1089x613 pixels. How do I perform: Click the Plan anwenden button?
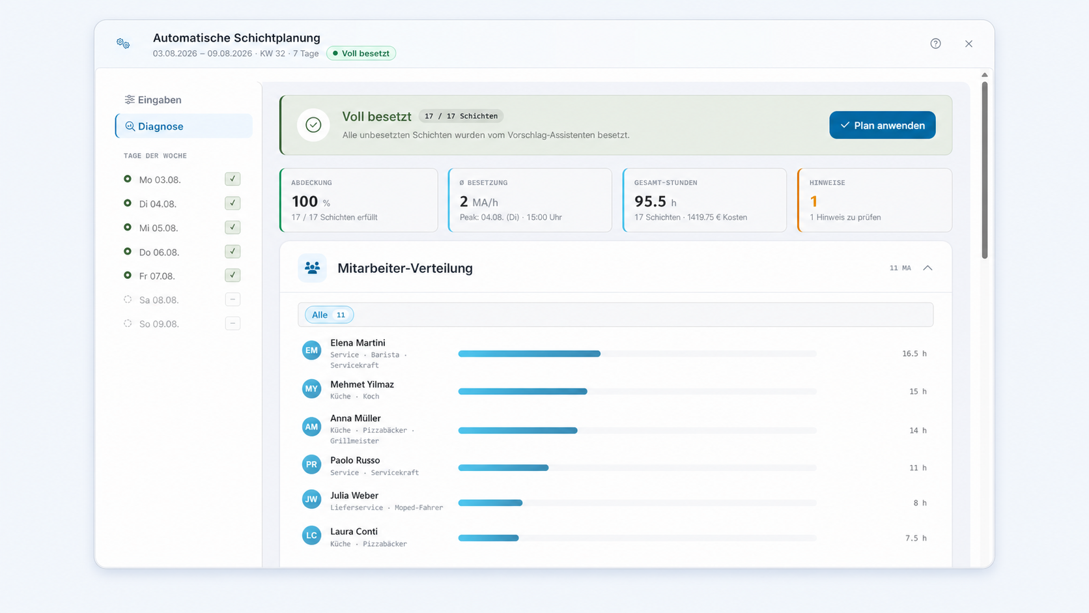click(882, 125)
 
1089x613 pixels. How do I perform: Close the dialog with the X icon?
click(969, 44)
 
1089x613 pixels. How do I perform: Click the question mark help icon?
click(935, 44)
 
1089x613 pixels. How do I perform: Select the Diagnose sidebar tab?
click(184, 126)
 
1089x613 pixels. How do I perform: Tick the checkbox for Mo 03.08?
click(233, 179)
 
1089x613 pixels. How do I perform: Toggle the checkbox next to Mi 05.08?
click(233, 227)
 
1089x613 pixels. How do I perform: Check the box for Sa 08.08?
click(233, 300)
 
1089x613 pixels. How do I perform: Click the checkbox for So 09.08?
click(233, 323)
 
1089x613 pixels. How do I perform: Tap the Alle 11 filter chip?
click(329, 315)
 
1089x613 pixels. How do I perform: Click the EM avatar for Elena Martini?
click(311, 350)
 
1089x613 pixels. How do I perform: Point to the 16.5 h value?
click(914, 354)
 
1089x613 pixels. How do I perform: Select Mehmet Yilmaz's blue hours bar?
click(522, 392)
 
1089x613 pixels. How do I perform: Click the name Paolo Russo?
click(355, 460)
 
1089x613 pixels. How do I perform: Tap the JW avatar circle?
click(311, 499)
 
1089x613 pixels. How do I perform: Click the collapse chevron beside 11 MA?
click(927, 268)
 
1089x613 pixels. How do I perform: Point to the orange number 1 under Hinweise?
click(813, 201)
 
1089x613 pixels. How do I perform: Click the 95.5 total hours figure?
click(650, 201)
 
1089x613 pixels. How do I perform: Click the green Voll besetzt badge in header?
click(361, 53)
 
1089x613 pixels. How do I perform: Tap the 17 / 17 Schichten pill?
click(461, 116)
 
